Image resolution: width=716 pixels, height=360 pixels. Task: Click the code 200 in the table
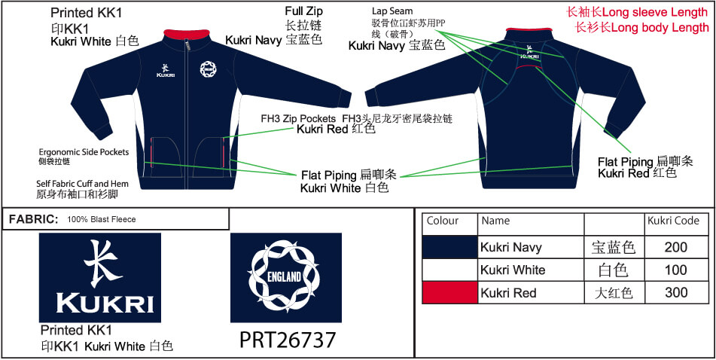(676, 248)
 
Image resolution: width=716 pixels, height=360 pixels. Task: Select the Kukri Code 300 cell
(676, 292)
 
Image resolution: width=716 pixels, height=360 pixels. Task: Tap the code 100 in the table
(676, 270)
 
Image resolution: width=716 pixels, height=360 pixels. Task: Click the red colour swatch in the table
(449, 292)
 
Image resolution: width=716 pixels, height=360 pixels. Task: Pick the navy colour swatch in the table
(449, 248)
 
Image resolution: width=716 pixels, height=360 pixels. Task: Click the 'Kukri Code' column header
(674, 221)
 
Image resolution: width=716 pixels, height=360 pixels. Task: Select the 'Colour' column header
(443, 221)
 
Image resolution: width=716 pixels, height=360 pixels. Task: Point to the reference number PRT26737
(288, 340)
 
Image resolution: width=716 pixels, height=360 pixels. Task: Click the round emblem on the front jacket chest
(209, 69)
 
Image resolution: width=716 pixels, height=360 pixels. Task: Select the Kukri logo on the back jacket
(530, 52)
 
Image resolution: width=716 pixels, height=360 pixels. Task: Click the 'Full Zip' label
(304, 11)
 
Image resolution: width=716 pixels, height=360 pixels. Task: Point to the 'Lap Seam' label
(392, 11)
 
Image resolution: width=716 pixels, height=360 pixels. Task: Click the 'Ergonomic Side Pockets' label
(84, 152)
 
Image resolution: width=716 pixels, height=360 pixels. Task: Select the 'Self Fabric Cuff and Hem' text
(83, 184)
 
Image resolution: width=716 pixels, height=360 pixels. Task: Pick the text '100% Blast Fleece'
(102, 220)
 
